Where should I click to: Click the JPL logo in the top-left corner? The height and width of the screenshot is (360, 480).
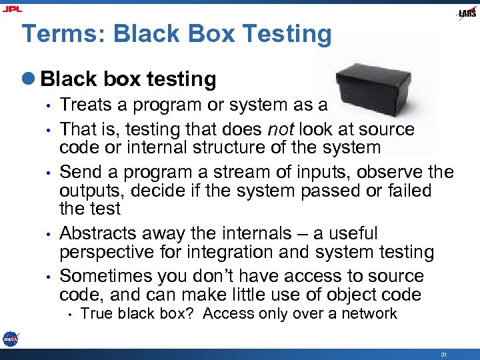[x=13, y=9]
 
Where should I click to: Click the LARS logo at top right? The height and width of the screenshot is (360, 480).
[x=466, y=13]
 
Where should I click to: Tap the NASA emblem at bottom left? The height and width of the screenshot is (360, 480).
[x=11, y=339]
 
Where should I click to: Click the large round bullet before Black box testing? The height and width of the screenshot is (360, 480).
[x=31, y=79]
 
